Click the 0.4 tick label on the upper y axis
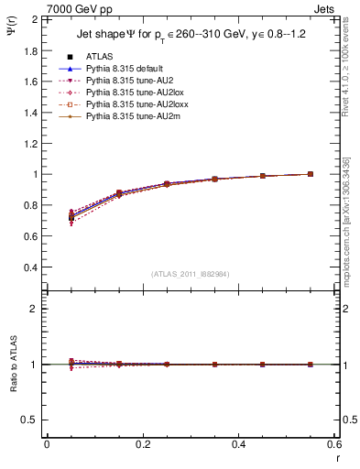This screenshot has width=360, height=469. (x=33, y=267)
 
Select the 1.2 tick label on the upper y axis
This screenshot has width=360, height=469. (x=33, y=143)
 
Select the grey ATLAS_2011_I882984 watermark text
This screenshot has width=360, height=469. (x=190, y=274)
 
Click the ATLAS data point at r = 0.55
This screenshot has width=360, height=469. (x=311, y=174)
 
